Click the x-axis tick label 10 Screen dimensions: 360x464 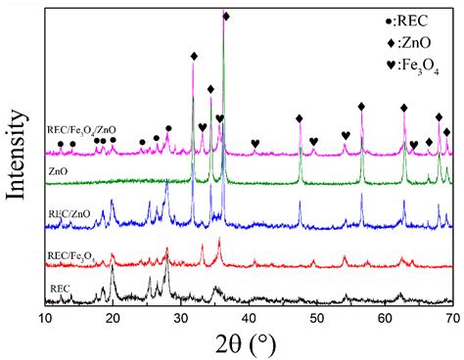click(45, 319)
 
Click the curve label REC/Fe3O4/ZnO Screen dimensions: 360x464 click(81, 128)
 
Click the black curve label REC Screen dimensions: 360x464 click(60, 288)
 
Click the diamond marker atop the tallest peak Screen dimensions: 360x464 click(226, 17)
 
